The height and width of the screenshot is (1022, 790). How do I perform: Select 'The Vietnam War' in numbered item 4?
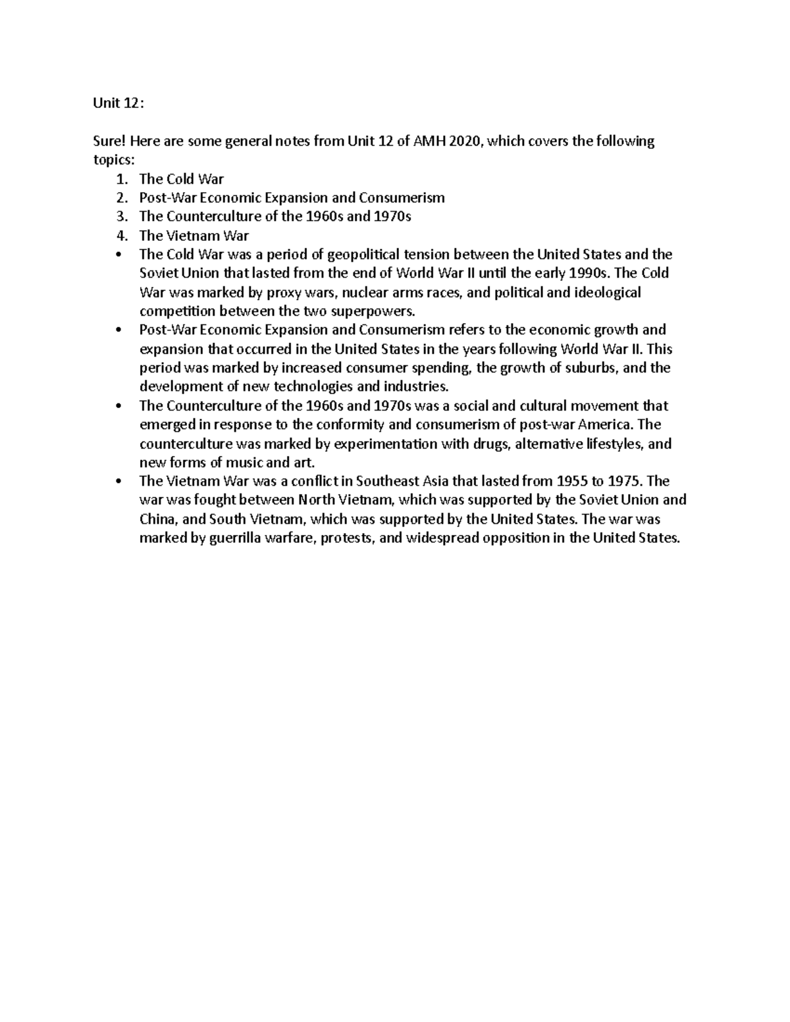[194, 236]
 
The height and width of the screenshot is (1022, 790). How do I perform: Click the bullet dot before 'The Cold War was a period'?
[118, 255]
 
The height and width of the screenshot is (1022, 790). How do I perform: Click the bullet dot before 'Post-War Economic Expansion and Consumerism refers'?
[118, 330]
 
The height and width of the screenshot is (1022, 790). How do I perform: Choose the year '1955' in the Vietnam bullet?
[571, 481]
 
